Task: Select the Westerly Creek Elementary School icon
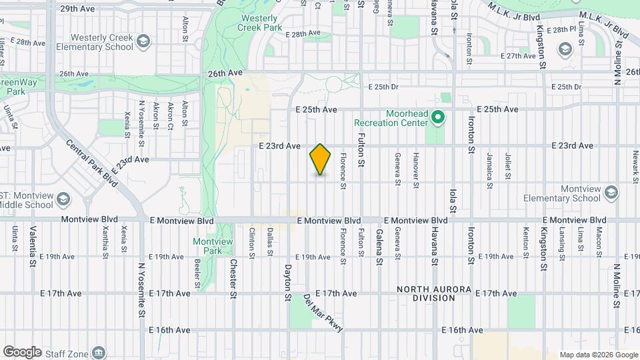(x=142, y=43)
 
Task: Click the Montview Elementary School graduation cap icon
(x=611, y=194)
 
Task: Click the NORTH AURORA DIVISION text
(x=434, y=294)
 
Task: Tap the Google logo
(x=23, y=351)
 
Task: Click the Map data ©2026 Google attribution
(x=599, y=355)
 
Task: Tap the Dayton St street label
(x=289, y=279)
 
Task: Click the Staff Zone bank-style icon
(x=98, y=352)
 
